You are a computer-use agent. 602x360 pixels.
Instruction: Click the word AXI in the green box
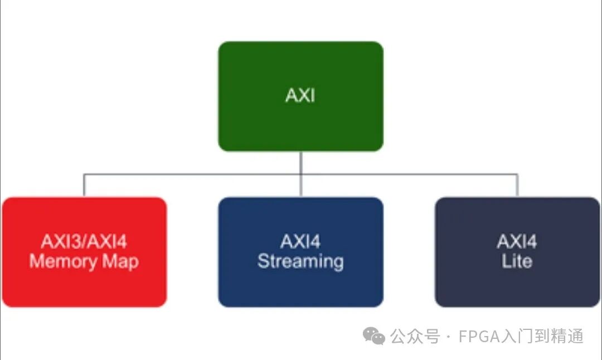(300, 96)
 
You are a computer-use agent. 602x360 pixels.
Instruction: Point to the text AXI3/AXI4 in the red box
(84, 242)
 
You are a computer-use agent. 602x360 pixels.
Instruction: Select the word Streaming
(300, 261)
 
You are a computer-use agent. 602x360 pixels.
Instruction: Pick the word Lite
(517, 261)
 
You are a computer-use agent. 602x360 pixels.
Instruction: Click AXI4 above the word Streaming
(300, 242)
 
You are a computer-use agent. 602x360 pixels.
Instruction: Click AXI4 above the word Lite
(517, 242)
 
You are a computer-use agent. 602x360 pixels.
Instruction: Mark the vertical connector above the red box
(84, 186)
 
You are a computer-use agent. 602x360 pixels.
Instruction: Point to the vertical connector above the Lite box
(517, 186)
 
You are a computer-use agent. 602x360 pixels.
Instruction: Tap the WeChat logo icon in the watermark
(373, 336)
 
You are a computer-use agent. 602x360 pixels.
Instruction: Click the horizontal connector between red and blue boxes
(192, 174)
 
